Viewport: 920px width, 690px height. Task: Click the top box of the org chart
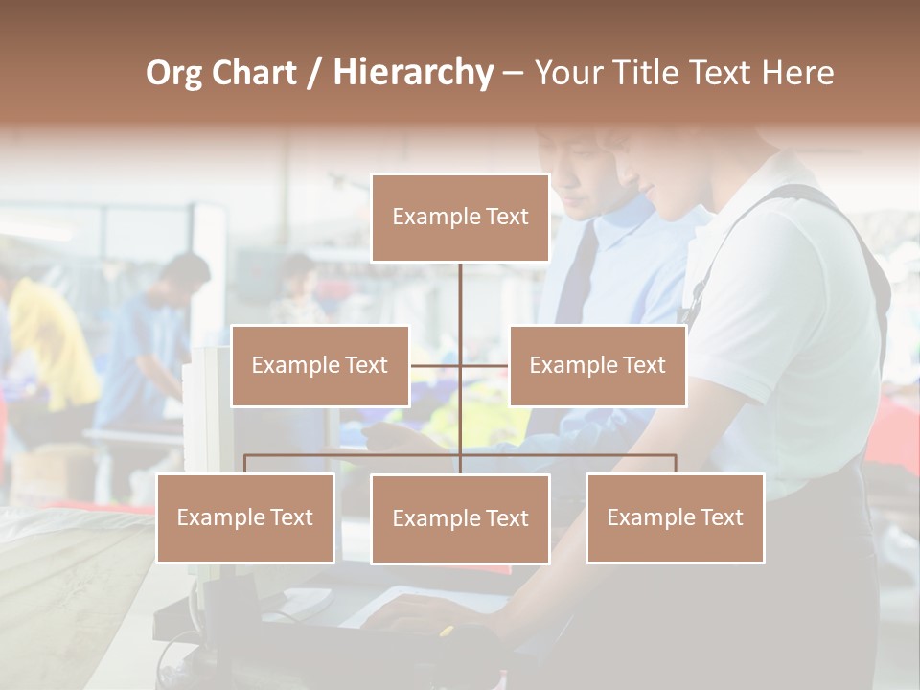tap(460, 218)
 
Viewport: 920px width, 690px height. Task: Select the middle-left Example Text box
tap(320, 365)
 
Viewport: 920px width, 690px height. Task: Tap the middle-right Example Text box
tap(597, 365)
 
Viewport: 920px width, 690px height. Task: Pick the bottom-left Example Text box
tap(245, 517)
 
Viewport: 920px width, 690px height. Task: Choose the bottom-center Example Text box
tap(460, 518)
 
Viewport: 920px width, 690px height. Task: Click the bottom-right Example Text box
tap(675, 517)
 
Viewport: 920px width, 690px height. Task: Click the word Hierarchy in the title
tap(413, 73)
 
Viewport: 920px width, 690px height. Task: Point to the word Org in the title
tap(173, 73)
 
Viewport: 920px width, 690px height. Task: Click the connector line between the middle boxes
tap(460, 365)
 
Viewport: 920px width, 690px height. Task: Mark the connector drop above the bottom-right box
tap(676, 464)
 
